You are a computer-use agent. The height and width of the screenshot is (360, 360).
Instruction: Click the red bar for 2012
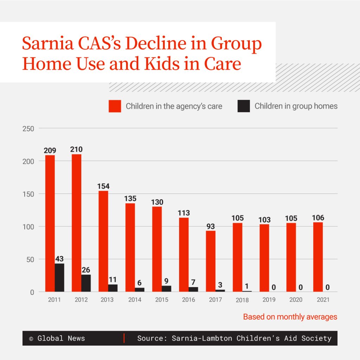(76, 223)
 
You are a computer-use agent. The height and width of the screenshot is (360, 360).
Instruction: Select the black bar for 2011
(59, 278)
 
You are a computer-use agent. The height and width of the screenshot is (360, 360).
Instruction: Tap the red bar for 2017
(210, 261)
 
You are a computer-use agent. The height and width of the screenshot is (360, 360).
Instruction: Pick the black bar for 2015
(166, 289)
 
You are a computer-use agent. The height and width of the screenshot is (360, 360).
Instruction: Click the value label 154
(103, 186)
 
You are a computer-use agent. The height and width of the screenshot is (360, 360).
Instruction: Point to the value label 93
(210, 226)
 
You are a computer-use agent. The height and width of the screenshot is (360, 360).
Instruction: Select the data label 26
(86, 270)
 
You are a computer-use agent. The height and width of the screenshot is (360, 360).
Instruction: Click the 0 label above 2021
(327, 288)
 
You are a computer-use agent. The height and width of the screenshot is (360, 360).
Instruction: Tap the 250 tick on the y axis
(29, 129)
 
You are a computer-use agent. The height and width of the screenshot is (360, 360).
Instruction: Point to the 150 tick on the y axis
(29, 194)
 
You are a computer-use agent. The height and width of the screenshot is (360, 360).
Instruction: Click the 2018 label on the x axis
(242, 300)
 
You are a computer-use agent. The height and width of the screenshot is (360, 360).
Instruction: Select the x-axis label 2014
(134, 300)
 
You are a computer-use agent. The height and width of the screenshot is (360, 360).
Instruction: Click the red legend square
(115, 106)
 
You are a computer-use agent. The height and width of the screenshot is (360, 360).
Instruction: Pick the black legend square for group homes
(244, 106)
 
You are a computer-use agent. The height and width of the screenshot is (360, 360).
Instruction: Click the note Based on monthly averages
(290, 317)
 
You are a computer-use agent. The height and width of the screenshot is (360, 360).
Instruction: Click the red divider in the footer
(124, 338)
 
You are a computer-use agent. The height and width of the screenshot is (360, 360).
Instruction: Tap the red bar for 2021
(318, 257)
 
